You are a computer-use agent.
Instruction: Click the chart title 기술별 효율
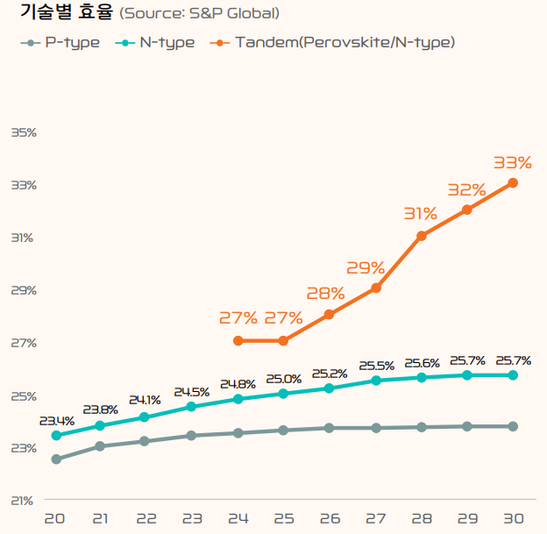click(60, 13)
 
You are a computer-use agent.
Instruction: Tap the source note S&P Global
click(199, 14)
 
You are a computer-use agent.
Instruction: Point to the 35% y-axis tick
click(24, 132)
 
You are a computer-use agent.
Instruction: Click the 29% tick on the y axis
click(24, 290)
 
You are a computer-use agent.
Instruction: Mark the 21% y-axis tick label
click(24, 501)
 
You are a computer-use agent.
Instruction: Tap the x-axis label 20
click(55, 519)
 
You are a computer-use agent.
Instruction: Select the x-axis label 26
click(329, 519)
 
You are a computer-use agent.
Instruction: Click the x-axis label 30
click(512, 519)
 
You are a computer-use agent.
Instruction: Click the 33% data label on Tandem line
click(512, 163)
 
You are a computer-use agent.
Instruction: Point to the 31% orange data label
click(421, 214)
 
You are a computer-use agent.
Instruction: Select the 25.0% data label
click(283, 380)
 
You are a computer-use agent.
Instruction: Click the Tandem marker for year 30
click(513, 183)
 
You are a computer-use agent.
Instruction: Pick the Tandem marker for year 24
click(238, 340)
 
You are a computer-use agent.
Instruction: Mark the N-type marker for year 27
click(375, 381)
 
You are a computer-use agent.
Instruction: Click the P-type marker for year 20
click(56, 459)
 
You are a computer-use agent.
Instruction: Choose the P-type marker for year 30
click(513, 426)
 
